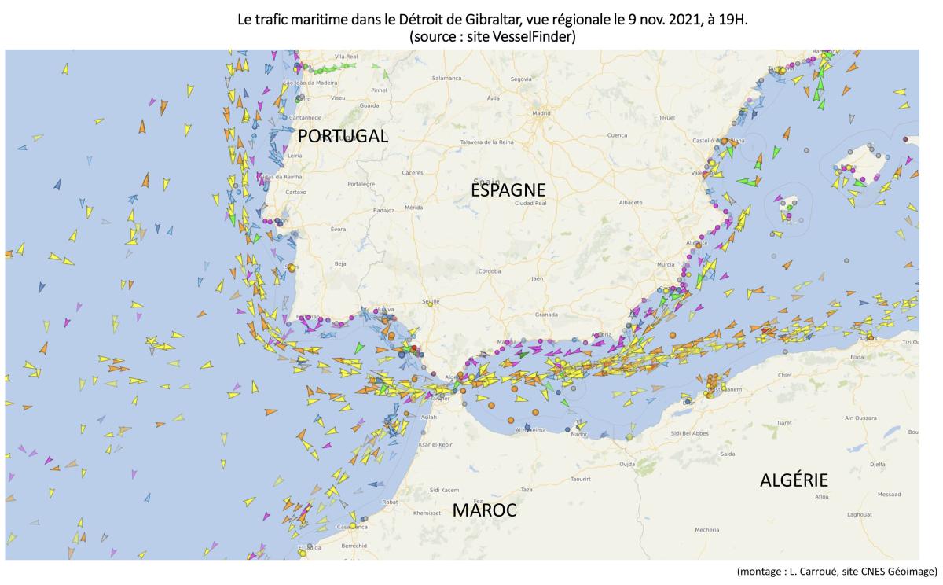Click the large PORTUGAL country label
tap(343, 136)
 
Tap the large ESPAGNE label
tap(508, 190)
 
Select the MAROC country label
tap(484, 510)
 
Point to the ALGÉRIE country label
tap(794, 480)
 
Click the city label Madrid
tap(540, 112)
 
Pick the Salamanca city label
tap(446, 78)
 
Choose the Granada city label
tap(546, 314)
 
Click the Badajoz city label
tap(383, 211)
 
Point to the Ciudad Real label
tap(530, 203)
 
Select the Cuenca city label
tap(617, 134)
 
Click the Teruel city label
tap(666, 117)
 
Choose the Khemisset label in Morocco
tap(427, 513)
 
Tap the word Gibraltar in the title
tap(475, 20)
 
